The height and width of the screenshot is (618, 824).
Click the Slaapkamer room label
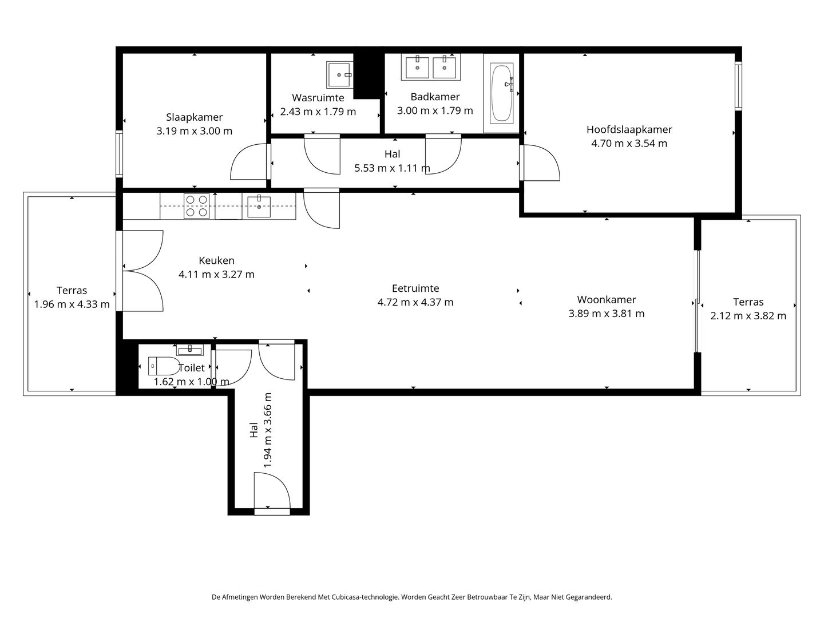(194, 117)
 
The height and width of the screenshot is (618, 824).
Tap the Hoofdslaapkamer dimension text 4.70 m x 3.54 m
(629, 143)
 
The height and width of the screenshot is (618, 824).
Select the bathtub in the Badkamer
(501, 93)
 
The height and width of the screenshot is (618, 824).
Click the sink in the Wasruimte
(340, 75)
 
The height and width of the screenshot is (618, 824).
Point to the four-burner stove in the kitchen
(196, 206)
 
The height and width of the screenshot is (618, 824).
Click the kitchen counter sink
(259, 207)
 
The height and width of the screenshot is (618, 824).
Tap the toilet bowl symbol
(164, 366)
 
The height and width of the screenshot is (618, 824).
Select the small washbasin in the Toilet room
(190, 350)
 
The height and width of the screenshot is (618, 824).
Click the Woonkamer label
(606, 300)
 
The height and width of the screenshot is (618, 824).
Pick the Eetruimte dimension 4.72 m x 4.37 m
(415, 302)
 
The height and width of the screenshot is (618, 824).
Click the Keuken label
(216, 260)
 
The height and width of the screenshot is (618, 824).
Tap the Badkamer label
(435, 97)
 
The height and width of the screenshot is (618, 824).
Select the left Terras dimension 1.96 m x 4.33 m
(72, 304)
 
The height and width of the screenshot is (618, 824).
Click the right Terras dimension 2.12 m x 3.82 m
(748, 316)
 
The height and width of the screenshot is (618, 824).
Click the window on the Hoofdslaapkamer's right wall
(738, 86)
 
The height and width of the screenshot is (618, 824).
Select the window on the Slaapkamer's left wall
(119, 154)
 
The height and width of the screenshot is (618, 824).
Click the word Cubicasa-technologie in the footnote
(364, 597)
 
